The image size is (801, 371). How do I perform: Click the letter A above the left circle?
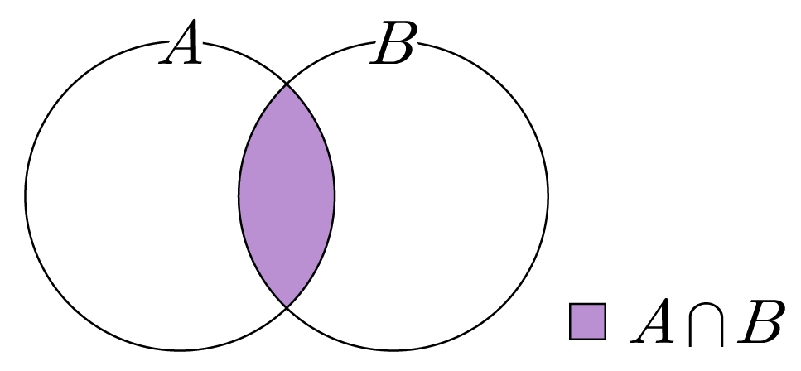click(x=181, y=42)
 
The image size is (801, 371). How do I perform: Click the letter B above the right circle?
click(x=393, y=43)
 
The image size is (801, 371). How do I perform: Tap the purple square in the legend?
click(x=587, y=321)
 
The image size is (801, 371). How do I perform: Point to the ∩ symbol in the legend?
click(x=706, y=325)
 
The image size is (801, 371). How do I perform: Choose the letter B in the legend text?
click(x=760, y=321)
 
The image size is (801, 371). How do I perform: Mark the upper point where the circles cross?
click(x=287, y=84)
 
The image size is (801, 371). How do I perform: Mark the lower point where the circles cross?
click(x=287, y=307)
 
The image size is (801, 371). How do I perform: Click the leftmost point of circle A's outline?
click(x=26, y=195)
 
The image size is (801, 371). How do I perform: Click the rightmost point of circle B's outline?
click(x=548, y=195)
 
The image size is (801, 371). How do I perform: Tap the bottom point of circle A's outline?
click(x=180, y=350)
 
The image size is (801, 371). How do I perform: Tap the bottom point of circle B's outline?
click(x=393, y=350)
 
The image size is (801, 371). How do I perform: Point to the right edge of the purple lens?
click(x=335, y=195)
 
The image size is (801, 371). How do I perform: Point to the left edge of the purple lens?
click(x=239, y=195)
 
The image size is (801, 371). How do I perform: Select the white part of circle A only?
click(x=133, y=195)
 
